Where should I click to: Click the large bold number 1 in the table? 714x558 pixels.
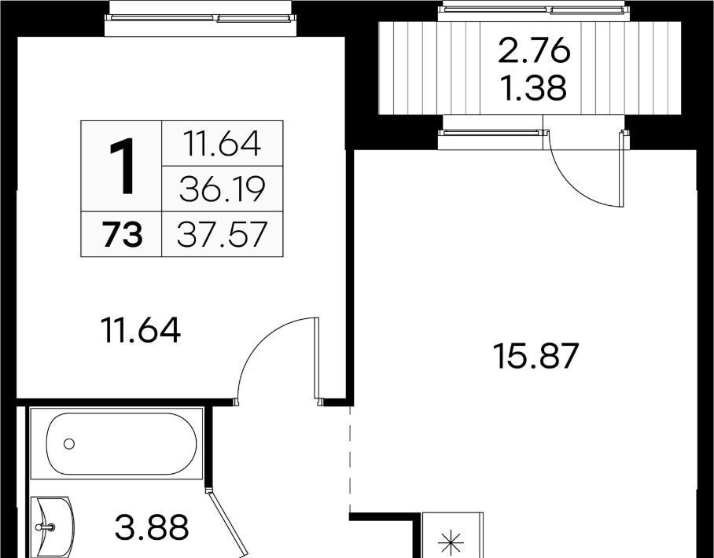(x=122, y=167)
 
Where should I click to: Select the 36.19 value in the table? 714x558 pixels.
(x=222, y=189)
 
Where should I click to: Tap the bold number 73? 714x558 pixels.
(x=123, y=235)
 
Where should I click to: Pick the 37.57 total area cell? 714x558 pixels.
(x=222, y=235)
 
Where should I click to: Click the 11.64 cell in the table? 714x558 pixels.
(x=222, y=144)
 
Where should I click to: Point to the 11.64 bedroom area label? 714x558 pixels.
(x=142, y=330)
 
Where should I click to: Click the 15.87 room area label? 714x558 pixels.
(x=535, y=356)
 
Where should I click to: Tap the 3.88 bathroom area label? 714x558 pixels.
(x=151, y=527)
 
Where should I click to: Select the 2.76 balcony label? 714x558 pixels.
(x=534, y=50)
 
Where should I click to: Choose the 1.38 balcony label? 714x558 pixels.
(x=534, y=88)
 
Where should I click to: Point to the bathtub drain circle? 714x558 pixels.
(x=69, y=443)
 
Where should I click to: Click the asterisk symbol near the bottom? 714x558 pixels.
(x=451, y=542)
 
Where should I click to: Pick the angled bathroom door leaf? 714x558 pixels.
(x=226, y=523)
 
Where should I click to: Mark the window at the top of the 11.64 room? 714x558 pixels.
(x=201, y=18)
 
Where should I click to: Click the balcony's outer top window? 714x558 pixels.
(x=534, y=9)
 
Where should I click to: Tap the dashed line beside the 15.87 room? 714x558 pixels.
(x=350, y=459)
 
